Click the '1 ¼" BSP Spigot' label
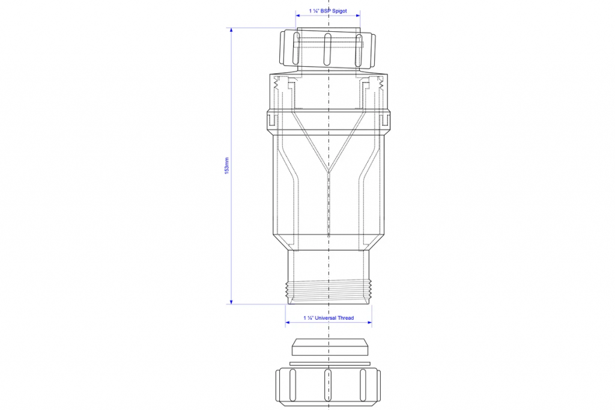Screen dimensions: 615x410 pyautogui.click(x=328, y=11)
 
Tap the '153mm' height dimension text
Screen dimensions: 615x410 pyautogui.click(x=226, y=166)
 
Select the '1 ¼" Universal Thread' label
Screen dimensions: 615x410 pyautogui.click(x=329, y=317)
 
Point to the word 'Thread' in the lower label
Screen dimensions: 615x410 pyautogui.click(x=345, y=317)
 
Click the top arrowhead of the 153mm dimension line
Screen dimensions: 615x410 pyautogui.click(x=231, y=30)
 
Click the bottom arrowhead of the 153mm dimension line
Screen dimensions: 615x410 pyautogui.click(x=231, y=301)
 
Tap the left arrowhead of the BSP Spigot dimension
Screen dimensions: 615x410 pyautogui.click(x=298, y=16)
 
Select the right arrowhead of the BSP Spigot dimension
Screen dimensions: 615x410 pyautogui.click(x=358, y=16)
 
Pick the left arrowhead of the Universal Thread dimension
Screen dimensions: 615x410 pyautogui.click(x=288, y=322)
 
